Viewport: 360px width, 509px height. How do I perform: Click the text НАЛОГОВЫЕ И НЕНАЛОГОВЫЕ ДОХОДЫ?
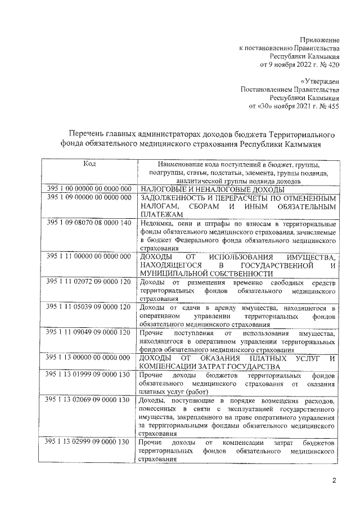(x=206, y=190)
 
